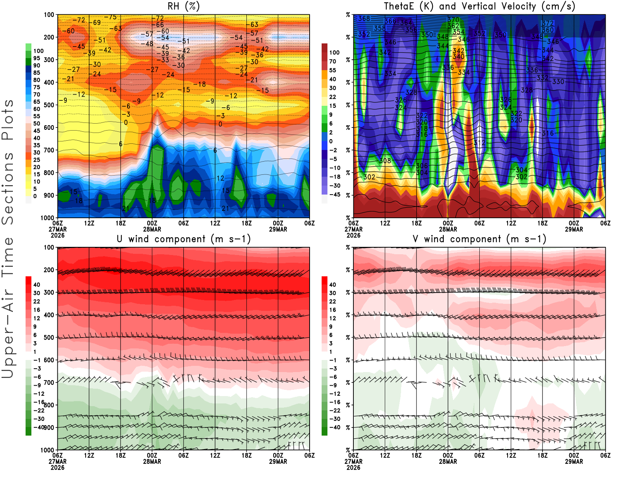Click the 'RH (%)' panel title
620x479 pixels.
point(183,7)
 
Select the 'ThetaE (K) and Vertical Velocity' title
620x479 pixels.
point(479,7)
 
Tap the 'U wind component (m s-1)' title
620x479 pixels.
point(184,239)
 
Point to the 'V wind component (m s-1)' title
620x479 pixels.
point(479,239)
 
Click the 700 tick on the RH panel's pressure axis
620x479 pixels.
point(49,150)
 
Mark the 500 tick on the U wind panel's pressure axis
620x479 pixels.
point(49,338)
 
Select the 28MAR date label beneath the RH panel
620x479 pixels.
point(152,229)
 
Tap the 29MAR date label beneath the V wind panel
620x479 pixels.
point(574,462)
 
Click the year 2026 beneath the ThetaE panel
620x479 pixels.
point(353,235)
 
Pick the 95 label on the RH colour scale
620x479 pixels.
point(37,58)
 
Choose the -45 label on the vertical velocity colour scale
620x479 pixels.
point(334,195)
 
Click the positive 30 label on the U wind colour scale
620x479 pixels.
point(37,293)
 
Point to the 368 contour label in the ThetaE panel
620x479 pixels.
point(364,19)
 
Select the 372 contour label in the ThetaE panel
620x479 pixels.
point(548,24)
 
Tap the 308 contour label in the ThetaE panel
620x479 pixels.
point(385,161)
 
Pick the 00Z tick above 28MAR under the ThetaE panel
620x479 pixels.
point(448,223)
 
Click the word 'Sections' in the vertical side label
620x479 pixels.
point(8,188)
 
